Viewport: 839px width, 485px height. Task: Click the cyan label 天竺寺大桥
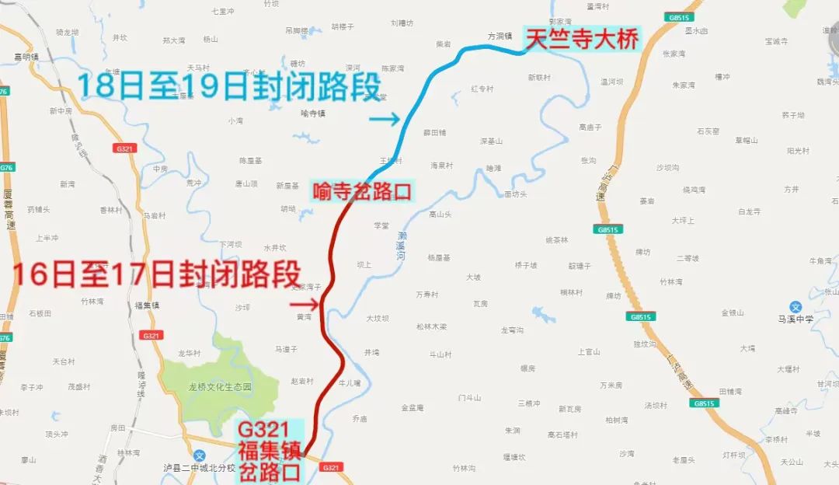click(x=582, y=40)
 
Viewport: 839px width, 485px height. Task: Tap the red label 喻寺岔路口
click(x=362, y=191)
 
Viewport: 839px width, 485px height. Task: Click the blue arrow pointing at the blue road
click(x=385, y=119)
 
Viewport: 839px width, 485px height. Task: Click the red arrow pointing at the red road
click(x=305, y=302)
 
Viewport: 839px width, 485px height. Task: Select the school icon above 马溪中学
click(x=795, y=306)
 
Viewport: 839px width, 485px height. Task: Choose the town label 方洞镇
click(x=500, y=36)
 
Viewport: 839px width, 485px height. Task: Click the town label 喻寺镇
click(x=312, y=113)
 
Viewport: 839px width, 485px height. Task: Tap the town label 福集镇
click(x=147, y=305)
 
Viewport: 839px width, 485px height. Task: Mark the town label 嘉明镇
click(x=26, y=57)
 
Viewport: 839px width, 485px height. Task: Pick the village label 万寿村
click(x=427, y=295)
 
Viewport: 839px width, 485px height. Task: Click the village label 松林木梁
click(x=432, y=326)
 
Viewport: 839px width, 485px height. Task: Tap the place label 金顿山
click(x=733, y=312)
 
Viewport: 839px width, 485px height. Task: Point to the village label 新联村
click(x=538, y=78)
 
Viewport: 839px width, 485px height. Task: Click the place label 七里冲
click(x=222, y=12)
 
